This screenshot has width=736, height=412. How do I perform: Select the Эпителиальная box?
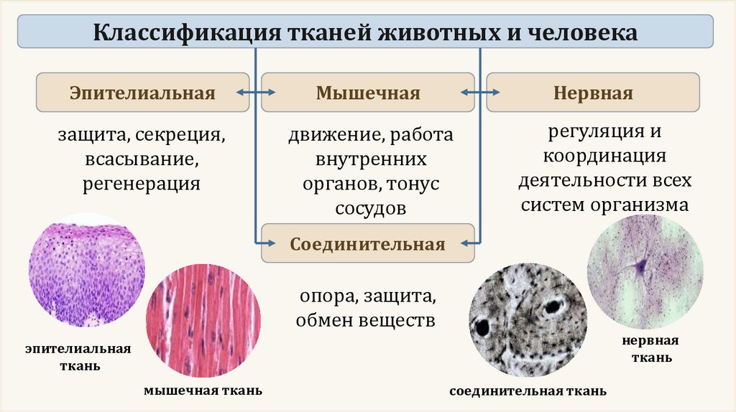142,93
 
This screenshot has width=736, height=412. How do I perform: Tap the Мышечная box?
368,93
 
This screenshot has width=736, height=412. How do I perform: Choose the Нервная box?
593,93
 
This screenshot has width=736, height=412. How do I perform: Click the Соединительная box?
368,244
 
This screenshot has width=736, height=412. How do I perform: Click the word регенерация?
141,184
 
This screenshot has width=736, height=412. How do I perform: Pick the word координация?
604,156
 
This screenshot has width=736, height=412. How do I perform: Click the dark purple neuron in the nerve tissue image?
640,268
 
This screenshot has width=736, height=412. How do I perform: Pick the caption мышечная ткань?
203,391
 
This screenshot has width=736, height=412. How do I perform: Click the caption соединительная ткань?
528,392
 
